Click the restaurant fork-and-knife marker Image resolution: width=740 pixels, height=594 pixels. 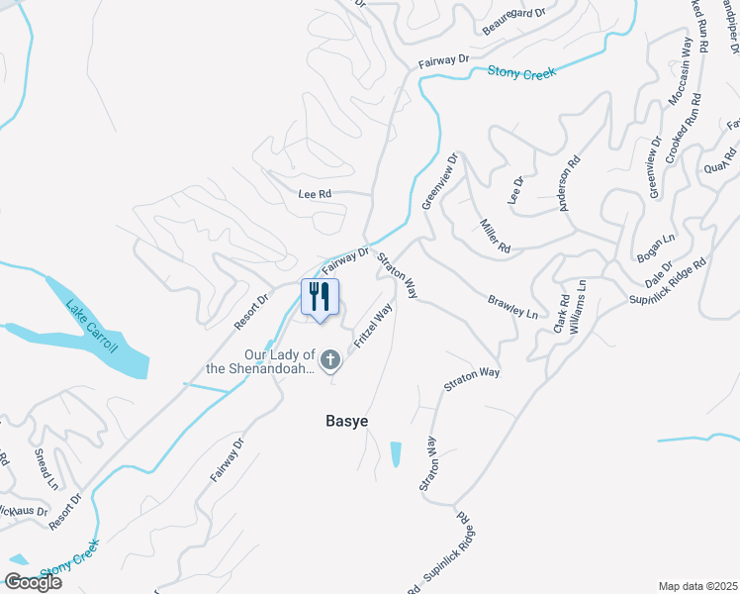tap(320, 297)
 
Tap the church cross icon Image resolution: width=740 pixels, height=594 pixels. tap(330, 360)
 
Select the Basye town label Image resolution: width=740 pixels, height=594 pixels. tap(347, 421)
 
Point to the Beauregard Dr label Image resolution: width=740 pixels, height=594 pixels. tap(514, 13)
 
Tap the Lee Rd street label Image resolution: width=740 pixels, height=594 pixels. tap(314, 194)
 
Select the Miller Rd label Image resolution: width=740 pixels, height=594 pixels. tap(496, 235)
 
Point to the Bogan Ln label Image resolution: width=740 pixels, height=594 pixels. tap(655, 247)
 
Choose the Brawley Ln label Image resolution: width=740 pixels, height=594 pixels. tap(513, 307)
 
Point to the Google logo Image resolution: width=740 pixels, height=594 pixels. tap(33, 581)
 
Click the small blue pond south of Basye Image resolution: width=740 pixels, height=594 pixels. tap(397, 453)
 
